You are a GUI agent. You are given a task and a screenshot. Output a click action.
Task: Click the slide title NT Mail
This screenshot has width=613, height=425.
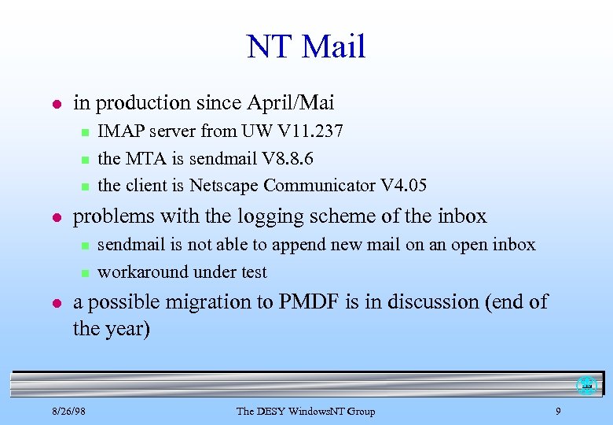pos(306,47)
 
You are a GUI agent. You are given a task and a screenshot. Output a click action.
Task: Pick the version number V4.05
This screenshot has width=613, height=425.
pos(403,186)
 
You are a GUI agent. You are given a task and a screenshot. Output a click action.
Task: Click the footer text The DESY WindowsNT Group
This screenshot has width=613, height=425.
pos(306,411)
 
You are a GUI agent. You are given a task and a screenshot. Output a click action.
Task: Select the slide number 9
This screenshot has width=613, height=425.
pos(557,411)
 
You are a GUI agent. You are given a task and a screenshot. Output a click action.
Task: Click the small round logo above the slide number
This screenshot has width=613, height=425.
pos(585,386)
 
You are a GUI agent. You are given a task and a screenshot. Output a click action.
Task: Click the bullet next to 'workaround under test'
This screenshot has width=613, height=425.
pos(83,273)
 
